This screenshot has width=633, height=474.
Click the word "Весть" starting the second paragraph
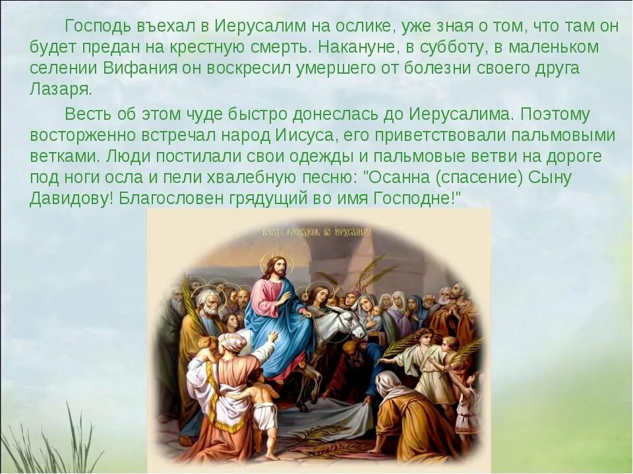(x=86, y=114)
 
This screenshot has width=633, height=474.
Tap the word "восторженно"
(x=79, y=136)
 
